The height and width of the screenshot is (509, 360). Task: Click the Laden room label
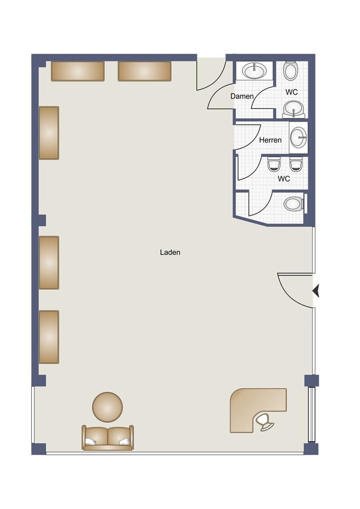coord(170,252)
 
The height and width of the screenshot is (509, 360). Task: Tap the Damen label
coord(242,96)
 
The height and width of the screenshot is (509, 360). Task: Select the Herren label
coord(270,140)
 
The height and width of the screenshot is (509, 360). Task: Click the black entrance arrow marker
coord(316,291)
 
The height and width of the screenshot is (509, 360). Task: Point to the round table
coord(107,407)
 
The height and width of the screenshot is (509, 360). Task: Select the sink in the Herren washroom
coord(299,137)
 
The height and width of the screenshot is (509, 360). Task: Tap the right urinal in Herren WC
coord(295,164)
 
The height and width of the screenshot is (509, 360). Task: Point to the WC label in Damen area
coord(292,92)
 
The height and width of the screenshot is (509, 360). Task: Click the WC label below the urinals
coord(284,179)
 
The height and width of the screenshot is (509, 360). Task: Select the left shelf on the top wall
coord(78,71)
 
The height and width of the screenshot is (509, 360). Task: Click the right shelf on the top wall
coord(144,71)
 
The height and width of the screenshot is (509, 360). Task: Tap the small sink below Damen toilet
coord(294,109)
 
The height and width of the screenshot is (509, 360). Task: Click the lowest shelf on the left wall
coord(49,337)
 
